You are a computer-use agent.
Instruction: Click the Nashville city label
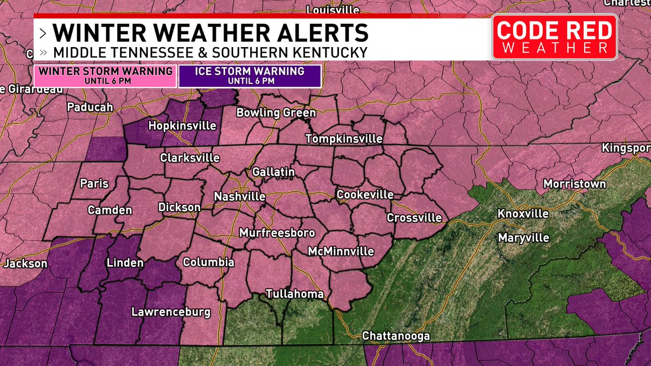[239, 196]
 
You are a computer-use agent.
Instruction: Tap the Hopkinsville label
[182, 126]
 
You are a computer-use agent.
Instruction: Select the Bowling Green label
[276, 113]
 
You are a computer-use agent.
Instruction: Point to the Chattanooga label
[396, 336]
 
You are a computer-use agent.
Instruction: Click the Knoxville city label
[523, 214]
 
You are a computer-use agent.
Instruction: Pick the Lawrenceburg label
[170, 312]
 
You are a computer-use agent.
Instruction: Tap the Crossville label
[414, 218]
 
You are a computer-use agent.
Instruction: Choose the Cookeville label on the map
[365, 195]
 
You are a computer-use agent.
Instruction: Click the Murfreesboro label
[277, 233]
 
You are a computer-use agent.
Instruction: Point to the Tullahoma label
[295, 294]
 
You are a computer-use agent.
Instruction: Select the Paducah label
[90, 107]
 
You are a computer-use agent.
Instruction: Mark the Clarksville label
[190, 158]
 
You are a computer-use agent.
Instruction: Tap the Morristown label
[575, 184]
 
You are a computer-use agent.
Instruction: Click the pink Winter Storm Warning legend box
[105, 75]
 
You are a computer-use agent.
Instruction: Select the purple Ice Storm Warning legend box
[250, 75]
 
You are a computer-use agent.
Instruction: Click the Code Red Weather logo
[554, 37]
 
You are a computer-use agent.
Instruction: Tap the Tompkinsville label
[344, 139]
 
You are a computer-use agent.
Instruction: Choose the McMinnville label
[341, 252]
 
